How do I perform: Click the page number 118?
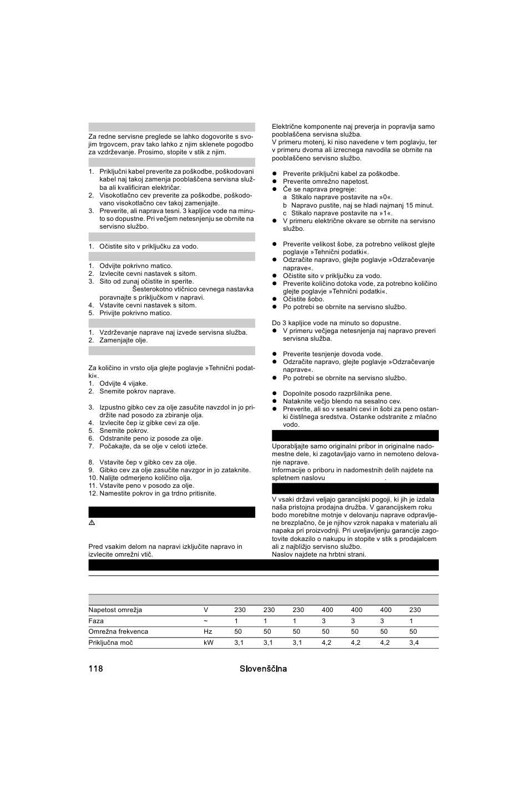pos(95,669)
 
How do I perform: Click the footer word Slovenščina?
pos(263,669)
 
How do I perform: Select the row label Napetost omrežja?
pos(115,610)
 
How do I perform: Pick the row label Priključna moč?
pos(111,643)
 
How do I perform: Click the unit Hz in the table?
pos(208,632)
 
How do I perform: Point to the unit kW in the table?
pos(208,643)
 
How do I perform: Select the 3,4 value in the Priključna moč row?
pos(414,643)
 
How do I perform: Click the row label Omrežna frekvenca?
pos(118,632)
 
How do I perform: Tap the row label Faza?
pos(96,621)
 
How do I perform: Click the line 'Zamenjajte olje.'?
pos(123,340)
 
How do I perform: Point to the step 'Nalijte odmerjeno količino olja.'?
pos(145,478)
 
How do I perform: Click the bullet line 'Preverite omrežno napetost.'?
pos(326,181)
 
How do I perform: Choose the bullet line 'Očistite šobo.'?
pos(303,299)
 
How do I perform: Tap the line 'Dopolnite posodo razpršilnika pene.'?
pos(337,393)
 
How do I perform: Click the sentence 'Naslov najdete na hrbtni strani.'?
pos(319,554)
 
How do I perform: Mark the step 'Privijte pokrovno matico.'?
pos(135,313)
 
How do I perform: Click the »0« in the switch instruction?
pos(386,197)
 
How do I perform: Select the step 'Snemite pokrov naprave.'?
pos(137,391)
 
